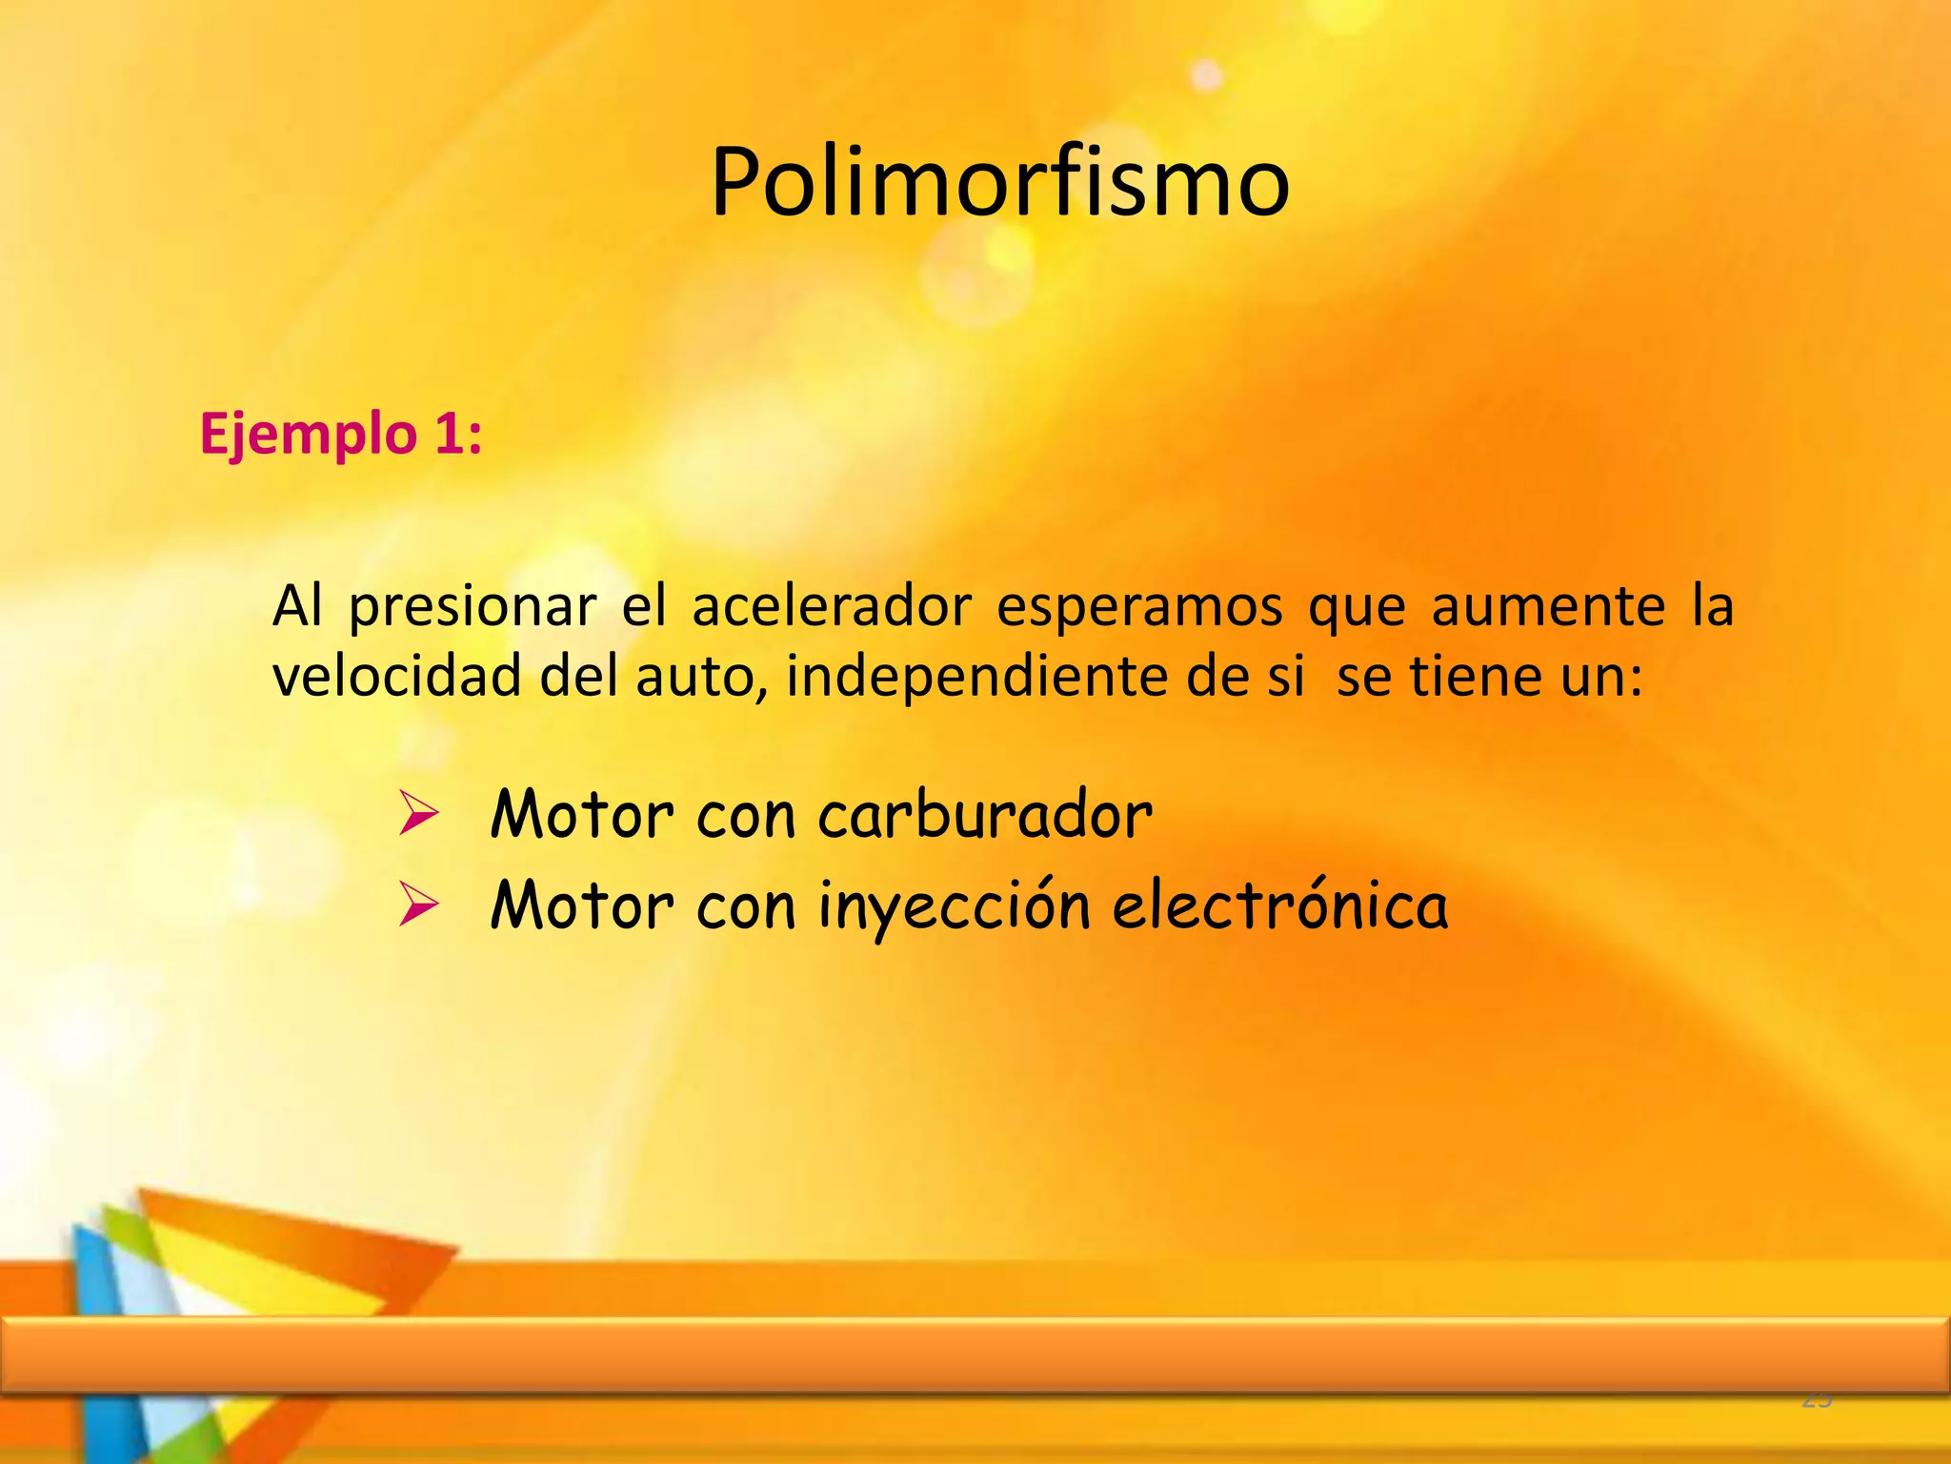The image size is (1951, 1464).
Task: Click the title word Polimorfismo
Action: [x=999, y=183]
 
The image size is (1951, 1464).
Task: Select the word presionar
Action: [x=473, y=607]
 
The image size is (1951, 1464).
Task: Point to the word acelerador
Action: [x=832, y=606]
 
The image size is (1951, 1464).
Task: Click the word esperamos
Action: [x=1139, y=607]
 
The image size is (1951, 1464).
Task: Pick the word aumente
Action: [x=1548, y=606]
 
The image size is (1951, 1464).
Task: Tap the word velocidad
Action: [x=397, y=676]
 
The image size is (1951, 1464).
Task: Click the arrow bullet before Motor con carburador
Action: [x=418, y=814]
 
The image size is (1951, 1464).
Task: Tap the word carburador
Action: [x=985, y=815]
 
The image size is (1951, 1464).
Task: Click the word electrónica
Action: [x=1280, y=905]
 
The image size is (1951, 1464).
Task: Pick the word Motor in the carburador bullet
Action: [x=582, y=815]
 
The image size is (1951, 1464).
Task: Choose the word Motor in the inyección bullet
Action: [x=582, y=905]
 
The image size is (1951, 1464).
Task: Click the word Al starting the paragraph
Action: [x=297, y=606]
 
